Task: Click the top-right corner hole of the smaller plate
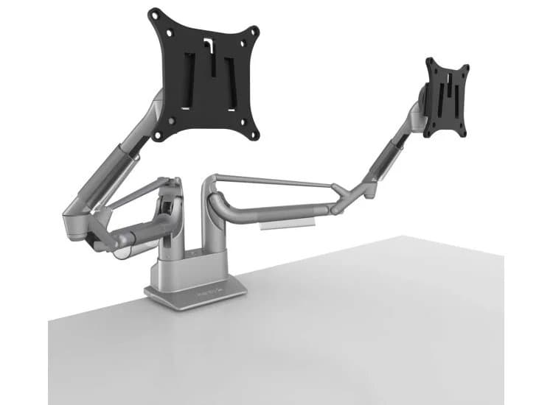[465, 69]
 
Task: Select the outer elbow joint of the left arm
[74, 217]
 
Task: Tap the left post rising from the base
[169, 221]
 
